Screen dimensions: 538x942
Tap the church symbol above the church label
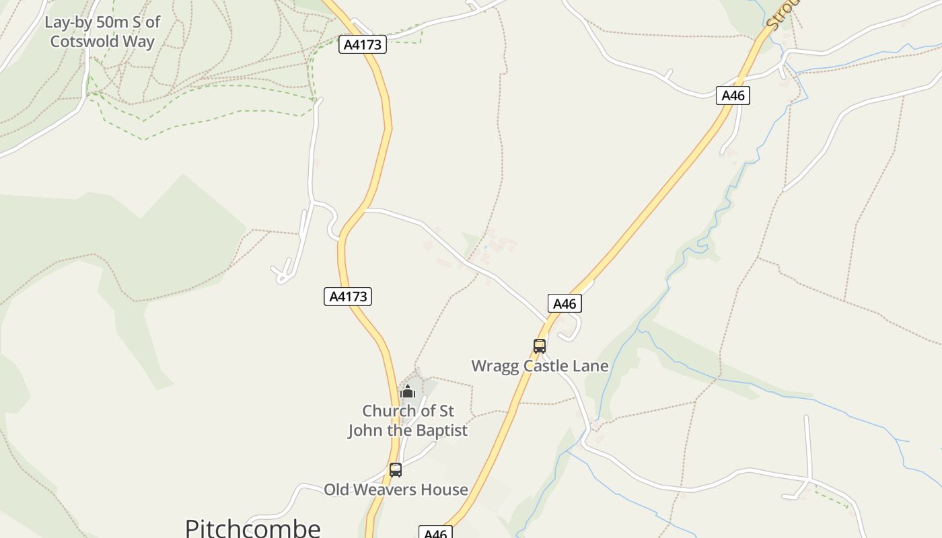[407, 391]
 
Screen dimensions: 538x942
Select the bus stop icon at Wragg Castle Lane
[540, 346]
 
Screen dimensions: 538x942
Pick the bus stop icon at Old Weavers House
[396, 470]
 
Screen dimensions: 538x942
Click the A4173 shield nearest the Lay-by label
[362, 45]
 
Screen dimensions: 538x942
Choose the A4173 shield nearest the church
[348, 297]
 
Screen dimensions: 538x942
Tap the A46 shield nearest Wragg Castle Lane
[565, 304]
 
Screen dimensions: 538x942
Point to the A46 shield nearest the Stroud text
[733, 95]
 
